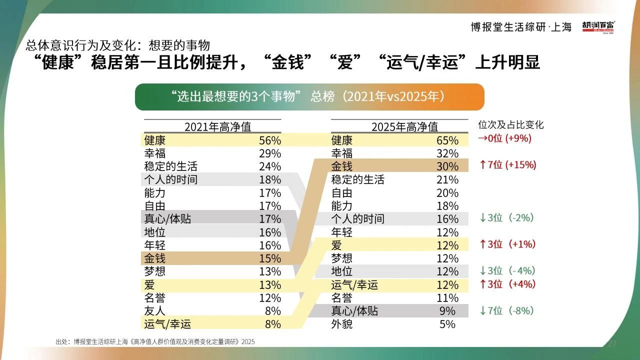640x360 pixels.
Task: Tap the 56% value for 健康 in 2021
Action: (270, 140)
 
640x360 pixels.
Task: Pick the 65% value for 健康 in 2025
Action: (447, 140)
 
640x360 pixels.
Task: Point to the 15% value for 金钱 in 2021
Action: (270, 258)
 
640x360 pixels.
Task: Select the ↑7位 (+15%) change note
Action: (507, 165)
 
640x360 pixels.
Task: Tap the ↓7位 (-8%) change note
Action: (506, 311)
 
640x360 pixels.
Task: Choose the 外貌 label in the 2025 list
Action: (342, 324)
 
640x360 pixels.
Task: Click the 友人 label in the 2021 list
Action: (154, 311)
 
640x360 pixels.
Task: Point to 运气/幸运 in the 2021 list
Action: (167, 324)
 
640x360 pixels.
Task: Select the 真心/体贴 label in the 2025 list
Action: (354, 311)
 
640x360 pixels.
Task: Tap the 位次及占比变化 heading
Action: (511, 125)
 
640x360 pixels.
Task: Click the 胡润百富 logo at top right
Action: (598, 26)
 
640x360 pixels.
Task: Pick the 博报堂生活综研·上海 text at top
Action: (521, 27)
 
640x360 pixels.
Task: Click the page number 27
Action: (612, 343)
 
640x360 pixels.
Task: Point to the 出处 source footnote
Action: (155, 342)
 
